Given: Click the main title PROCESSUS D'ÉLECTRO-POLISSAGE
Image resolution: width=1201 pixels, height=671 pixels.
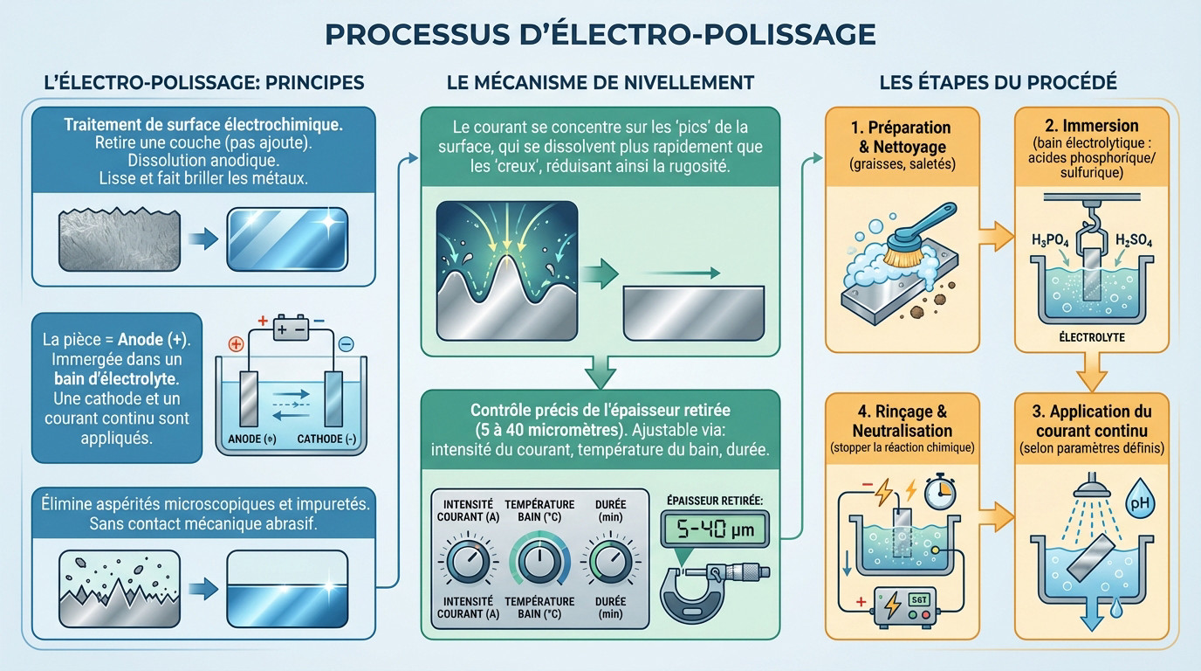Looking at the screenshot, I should tap(600, 33).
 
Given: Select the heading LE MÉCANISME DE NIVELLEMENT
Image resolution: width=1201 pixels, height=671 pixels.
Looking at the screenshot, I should tap(600, 83).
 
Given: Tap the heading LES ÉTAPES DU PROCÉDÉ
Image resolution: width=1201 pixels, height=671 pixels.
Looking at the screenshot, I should tap(998, 83).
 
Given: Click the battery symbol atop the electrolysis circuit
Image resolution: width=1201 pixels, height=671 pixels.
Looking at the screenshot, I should tap(291, 330).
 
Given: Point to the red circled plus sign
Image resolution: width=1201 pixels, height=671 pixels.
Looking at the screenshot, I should tap(234, 343).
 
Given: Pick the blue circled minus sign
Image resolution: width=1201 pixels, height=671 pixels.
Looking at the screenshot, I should tap(346, 345).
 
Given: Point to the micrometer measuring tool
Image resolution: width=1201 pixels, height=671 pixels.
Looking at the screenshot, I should tap(711, 581).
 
